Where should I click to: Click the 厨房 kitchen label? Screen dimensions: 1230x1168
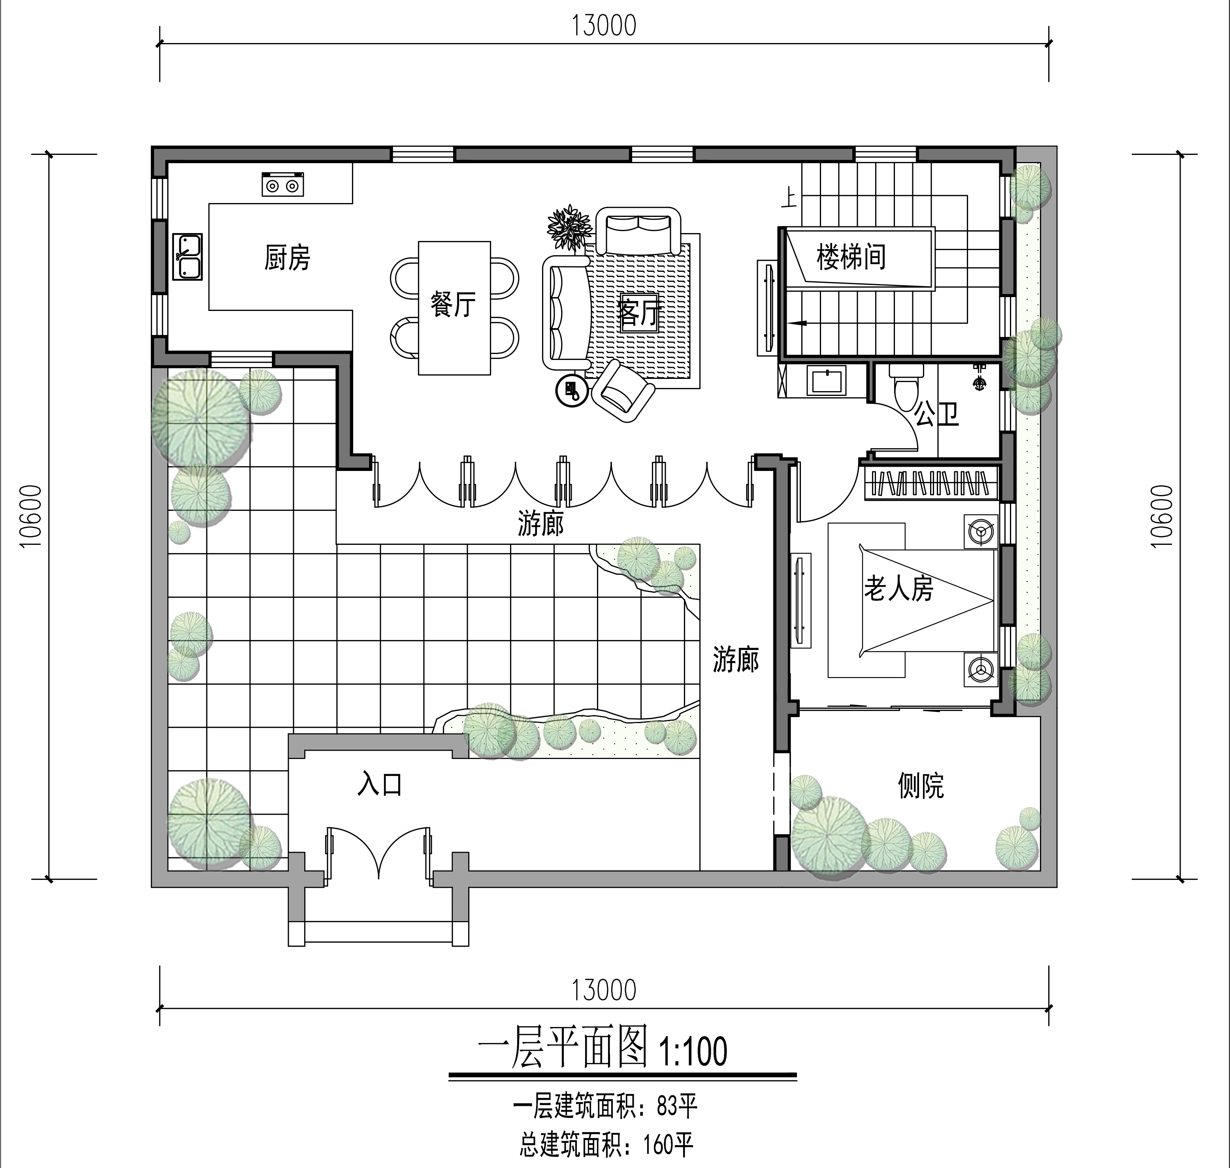point(287,257)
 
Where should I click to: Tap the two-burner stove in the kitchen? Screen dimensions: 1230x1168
point(283,184)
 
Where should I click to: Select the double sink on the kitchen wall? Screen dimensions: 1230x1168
point(187,256)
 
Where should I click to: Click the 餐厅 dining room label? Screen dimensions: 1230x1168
point(453,305)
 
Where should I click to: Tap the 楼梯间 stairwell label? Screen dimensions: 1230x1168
point(851,256)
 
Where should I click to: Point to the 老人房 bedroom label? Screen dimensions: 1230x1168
point(898,588)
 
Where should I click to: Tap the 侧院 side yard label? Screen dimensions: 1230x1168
point(921,786)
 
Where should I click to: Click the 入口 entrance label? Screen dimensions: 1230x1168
point(380,784)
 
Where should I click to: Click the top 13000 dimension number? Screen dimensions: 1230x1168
point(604,26)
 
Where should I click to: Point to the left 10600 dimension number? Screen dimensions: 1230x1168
point(30,516)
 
